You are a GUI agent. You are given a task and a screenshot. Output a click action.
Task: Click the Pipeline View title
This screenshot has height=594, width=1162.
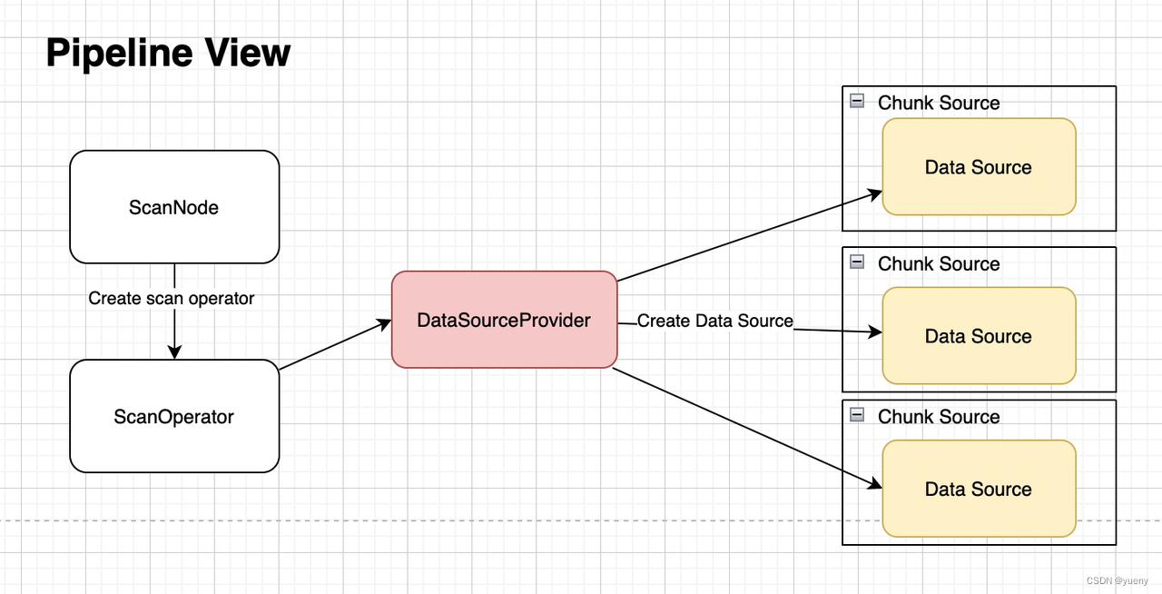click(x=168, y=54)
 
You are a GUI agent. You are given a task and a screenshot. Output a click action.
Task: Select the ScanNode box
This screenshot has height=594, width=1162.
click(x=174, y=207)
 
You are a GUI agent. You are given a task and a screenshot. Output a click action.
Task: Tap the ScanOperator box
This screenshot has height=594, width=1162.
click(x=174, y=417)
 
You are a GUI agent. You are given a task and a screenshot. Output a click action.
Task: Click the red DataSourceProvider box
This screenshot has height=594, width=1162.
click(x=504, y=320)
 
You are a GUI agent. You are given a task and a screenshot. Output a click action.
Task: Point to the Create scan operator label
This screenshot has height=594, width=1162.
click(x=172, y=298)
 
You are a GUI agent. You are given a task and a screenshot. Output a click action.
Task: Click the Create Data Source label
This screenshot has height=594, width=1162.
click(x=714, y=321)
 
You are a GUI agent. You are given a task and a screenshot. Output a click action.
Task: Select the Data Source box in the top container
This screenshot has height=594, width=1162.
click(x=979, y=167)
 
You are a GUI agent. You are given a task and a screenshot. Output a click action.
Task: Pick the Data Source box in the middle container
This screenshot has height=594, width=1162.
click(x=979, y=336)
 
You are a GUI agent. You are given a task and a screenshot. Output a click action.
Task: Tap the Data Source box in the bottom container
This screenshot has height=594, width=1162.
click(x=979, y=489)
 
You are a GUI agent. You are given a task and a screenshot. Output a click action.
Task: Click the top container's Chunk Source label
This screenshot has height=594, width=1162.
click(x=939, y=103)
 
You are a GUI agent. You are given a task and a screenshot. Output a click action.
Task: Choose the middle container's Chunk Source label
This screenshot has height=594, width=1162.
click(x=939, y=263)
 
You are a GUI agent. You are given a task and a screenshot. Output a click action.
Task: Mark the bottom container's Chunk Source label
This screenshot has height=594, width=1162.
click(x=939, y=417)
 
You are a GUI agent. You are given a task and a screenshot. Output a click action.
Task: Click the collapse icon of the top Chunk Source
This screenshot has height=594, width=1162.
click(x=857, y=101)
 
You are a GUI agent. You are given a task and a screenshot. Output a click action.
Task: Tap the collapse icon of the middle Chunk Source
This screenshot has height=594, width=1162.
click(x=857, y=262)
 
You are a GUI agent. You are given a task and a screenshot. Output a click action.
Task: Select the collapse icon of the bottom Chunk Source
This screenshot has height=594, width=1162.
click(x=857, y=415)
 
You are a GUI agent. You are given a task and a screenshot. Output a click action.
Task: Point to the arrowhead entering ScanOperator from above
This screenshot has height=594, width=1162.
click(x=174, y=352)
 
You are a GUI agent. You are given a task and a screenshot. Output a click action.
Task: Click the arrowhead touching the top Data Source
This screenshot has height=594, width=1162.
click(x=875, y=193)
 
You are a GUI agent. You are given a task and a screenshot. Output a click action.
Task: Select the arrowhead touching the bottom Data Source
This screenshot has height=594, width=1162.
click(x=875, y=484)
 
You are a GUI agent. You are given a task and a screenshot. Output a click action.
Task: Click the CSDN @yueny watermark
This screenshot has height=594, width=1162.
click(x=1117, y=580)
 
